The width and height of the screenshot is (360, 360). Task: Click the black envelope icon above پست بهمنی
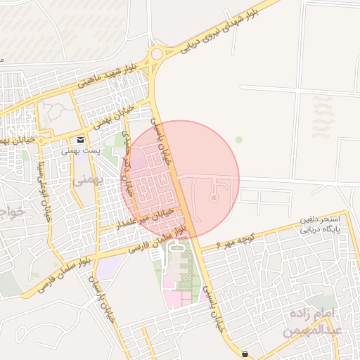click(x=82, y=140)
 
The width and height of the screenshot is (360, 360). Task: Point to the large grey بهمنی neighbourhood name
click(x=87, y=180)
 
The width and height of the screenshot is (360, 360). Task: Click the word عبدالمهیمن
click(x=314, y=329)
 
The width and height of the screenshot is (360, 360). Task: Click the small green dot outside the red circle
click(x=238, y=139)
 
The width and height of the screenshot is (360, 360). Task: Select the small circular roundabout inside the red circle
click(x=214, y=198)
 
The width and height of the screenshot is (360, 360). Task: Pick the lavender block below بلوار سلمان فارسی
click(x=110, y=266)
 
